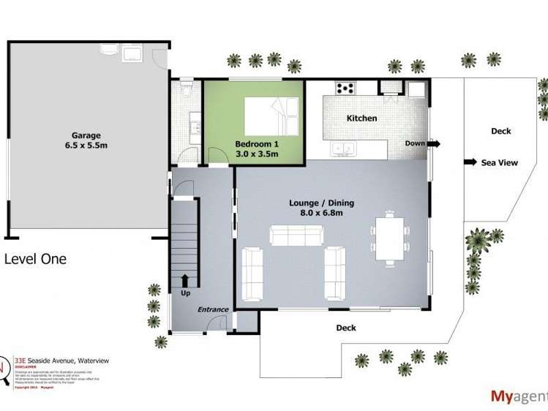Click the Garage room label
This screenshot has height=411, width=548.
[86, 135]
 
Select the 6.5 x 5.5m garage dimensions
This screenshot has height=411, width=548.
[86, 146]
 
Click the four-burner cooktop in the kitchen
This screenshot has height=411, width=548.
[345, 88]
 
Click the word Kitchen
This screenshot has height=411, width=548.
[361, 118]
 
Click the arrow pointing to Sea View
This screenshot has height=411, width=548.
[470, 162]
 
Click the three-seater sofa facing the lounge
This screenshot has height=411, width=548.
[297, 235]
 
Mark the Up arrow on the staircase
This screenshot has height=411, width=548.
[184, 280]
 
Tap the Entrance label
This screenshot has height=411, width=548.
[213, 309]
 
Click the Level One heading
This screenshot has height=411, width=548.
[35, 258]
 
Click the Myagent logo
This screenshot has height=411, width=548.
[518, 396]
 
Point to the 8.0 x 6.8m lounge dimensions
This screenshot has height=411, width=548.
[317, 213]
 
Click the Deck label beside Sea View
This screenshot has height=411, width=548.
[501, 132]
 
